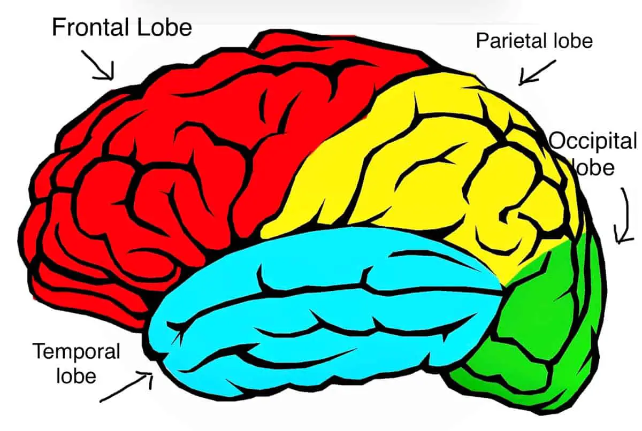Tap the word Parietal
(509, 41)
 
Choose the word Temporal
(76, 352)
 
